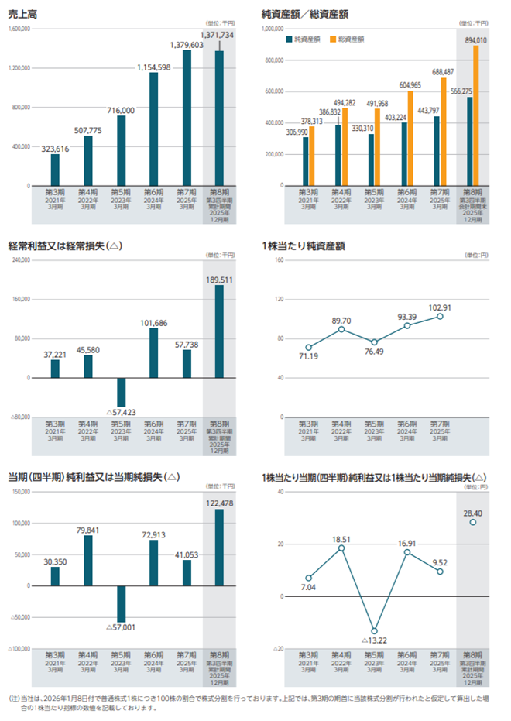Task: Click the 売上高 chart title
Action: tap(22, 12)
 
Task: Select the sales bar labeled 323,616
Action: tap(55, 170)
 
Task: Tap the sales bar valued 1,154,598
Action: tap(153, 129)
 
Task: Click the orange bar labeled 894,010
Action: tap(475, 115)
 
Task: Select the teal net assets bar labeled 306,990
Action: tap(305, 161)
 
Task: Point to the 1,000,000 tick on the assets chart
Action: tap(272, 29)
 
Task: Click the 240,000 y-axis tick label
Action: tap(19, 261)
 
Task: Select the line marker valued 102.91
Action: tap(440, 316)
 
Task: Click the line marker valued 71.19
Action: tap(309, 347)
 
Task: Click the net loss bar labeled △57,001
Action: tap(121, 603)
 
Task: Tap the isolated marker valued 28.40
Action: tap(472, 522)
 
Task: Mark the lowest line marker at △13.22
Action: tap(374, 630)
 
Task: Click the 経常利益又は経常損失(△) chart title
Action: tap(65, 245)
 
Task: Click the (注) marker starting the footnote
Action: tap(15, 697)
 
